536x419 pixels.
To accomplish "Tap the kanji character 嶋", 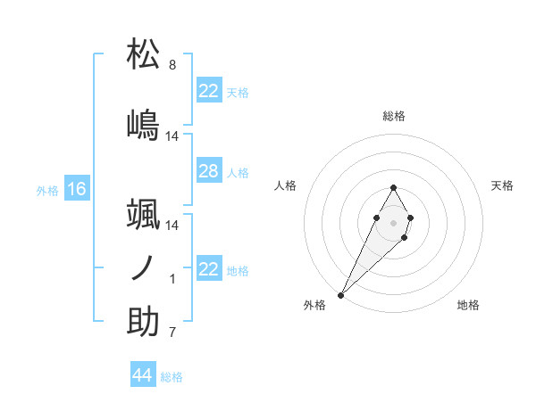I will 144,125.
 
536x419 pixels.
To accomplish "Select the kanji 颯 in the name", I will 144,214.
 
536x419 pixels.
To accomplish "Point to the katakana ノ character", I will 143,268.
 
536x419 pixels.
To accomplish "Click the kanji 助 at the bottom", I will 144,321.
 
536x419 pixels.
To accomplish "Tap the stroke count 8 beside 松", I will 172,65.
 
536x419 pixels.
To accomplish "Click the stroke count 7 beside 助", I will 172,333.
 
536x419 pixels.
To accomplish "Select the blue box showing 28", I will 208,171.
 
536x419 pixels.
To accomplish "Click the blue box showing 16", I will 77,189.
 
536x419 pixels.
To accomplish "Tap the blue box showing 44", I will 142,375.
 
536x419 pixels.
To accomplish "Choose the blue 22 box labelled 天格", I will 208,91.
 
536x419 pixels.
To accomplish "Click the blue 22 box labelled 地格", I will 208,269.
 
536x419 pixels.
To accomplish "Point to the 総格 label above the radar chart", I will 394,116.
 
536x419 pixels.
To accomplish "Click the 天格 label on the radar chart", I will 503,185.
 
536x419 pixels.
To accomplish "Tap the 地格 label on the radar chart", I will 468,305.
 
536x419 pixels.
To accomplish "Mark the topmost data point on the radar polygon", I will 394,187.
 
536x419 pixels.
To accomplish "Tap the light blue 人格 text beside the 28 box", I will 238,172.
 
